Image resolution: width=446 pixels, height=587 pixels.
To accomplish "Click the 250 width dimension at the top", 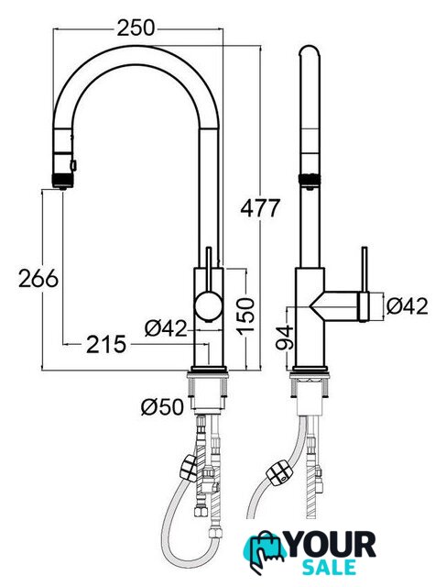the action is (136, 28).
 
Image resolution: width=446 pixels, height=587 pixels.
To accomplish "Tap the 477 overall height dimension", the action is (260, 208).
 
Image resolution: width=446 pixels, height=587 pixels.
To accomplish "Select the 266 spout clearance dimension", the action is (38, 278).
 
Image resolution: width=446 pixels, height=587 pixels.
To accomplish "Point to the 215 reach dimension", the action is (106, 345).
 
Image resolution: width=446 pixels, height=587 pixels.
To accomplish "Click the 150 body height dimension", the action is (245, 316).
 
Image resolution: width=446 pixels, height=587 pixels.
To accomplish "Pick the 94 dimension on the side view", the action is (284, 338).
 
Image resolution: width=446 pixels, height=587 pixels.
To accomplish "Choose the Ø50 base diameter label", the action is (163, 406).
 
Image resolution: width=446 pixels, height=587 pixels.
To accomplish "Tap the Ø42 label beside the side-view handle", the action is (408, 306).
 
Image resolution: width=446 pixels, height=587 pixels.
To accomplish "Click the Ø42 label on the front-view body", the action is (165, 328).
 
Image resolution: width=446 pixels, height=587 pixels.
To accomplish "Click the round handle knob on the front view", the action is (207, 306).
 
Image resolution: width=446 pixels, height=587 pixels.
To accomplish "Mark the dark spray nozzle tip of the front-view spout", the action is (62, 180).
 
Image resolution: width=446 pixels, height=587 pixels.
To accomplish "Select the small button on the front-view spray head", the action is (73, 165).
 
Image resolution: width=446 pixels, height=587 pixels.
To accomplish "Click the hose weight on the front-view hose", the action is (189, 468).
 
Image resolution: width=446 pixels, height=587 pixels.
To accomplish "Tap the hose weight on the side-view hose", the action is (278, 473).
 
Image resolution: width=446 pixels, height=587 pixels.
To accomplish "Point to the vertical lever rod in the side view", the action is (364, 269).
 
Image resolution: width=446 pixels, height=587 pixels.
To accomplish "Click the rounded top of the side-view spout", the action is (310, 51).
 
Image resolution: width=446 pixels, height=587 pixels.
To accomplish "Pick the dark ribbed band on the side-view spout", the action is (310, 180).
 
